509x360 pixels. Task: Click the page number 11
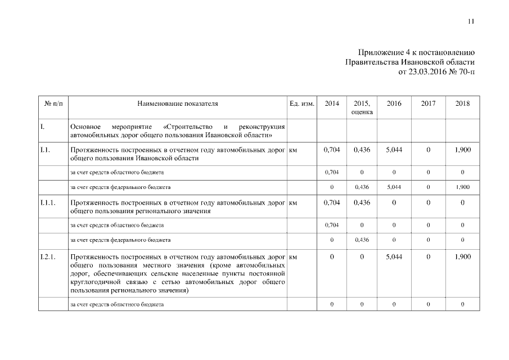[x=471, y=21]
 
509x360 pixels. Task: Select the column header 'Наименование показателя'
[x=177, y=104]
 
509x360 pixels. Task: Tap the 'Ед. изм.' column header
[x=301, y=104]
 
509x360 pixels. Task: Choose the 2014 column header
[x=332, y=104]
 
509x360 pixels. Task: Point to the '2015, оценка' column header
[x=362, y=108]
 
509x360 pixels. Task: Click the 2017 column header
[x=428, y=104]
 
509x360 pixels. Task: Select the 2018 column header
[x=462, y=104]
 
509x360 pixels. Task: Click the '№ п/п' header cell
[x=53, y=104]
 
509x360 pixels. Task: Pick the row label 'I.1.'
[x=46, y=150]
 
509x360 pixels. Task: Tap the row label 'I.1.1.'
[x=48, y=203]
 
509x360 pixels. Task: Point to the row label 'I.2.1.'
[x=48, y=256]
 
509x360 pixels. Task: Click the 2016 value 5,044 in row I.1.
[x=394, y=150]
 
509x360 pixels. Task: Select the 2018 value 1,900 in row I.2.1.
[x=462, y=256]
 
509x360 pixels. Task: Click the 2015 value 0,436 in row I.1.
[x=362, y=150]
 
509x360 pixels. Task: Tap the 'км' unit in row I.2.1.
[x=293, y=256]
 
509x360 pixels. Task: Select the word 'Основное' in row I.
[x=85, y=127]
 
